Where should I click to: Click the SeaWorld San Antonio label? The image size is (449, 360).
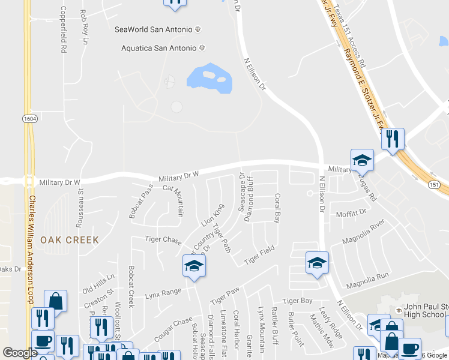(154, 29)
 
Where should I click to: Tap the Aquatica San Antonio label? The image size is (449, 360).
(158, 48)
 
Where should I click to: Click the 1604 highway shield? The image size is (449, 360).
(29, 119)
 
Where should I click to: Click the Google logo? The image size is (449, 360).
(20, 353)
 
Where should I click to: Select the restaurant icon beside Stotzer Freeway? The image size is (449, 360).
(393, 139)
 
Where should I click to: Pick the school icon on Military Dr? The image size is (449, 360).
(363, 160)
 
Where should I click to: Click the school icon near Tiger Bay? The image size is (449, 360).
(317, 263)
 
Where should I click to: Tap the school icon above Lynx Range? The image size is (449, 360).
(194, 266)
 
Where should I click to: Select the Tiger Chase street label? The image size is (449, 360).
(163, 240)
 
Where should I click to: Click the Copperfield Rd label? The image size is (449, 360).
(63, 30)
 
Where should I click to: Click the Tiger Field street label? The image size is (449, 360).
(259, 256)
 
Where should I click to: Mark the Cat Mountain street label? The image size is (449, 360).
(173, 200)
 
